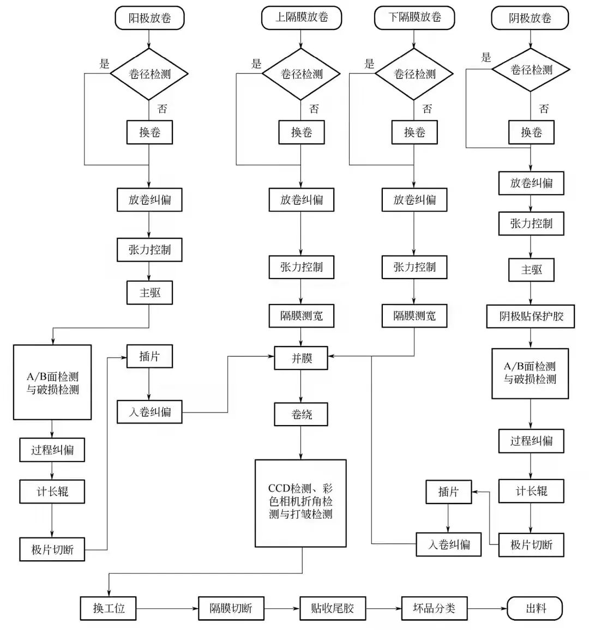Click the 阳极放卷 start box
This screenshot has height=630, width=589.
[x=149, y=18]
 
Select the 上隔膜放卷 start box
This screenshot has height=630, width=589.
[x=301, y=17]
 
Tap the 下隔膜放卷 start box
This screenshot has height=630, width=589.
[x=414, y=17]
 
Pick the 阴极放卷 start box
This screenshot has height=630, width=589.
[x=530, y=19]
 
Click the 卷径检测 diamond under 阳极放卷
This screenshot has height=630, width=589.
[x=149, y=74]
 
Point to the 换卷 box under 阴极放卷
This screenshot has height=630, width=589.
[x=531, y=132]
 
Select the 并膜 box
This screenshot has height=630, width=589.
[x=301, y=358]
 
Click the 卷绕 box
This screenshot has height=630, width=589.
[x=301, y=415]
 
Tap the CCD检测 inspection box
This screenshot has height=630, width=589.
[x=300, y=503]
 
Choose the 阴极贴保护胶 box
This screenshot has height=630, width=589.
[x=531, y=316]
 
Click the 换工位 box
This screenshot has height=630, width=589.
[x=109, y=608]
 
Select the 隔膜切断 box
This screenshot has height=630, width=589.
[x=231, y=608]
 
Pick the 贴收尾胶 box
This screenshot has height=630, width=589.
[x=332, y=608]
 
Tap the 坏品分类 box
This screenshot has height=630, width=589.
[x=434, y=608]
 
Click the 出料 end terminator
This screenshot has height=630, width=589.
[x=535, y=608]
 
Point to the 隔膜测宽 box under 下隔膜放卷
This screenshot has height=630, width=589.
[x=414, y=316]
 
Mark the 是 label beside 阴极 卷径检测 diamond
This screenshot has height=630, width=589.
[x=486, y=57]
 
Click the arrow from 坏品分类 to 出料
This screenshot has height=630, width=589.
[x=487, y=608]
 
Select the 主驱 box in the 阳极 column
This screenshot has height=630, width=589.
[x=149, y=293]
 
